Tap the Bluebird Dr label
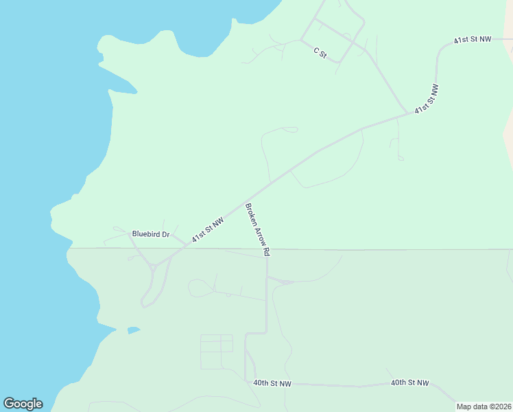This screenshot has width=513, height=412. point(150,234)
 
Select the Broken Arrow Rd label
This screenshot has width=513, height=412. point(257,230)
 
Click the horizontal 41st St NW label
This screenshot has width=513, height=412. point(473,40)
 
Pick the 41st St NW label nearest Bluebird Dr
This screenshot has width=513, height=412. point(208,230)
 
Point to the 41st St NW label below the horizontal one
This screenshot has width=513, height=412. point(425,99)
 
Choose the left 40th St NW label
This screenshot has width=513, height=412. point(272,383)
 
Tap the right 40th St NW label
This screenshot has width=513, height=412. point(409,382)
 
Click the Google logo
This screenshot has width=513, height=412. point(23,404)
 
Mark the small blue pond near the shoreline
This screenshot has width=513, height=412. point(133,330)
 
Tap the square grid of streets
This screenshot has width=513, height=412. point(216,352)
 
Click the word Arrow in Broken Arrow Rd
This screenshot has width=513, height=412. point(258,229)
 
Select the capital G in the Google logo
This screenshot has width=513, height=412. point(9,404)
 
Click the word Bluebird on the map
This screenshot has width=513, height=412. point(145,234)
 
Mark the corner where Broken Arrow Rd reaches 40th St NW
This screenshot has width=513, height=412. point(246,380)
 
